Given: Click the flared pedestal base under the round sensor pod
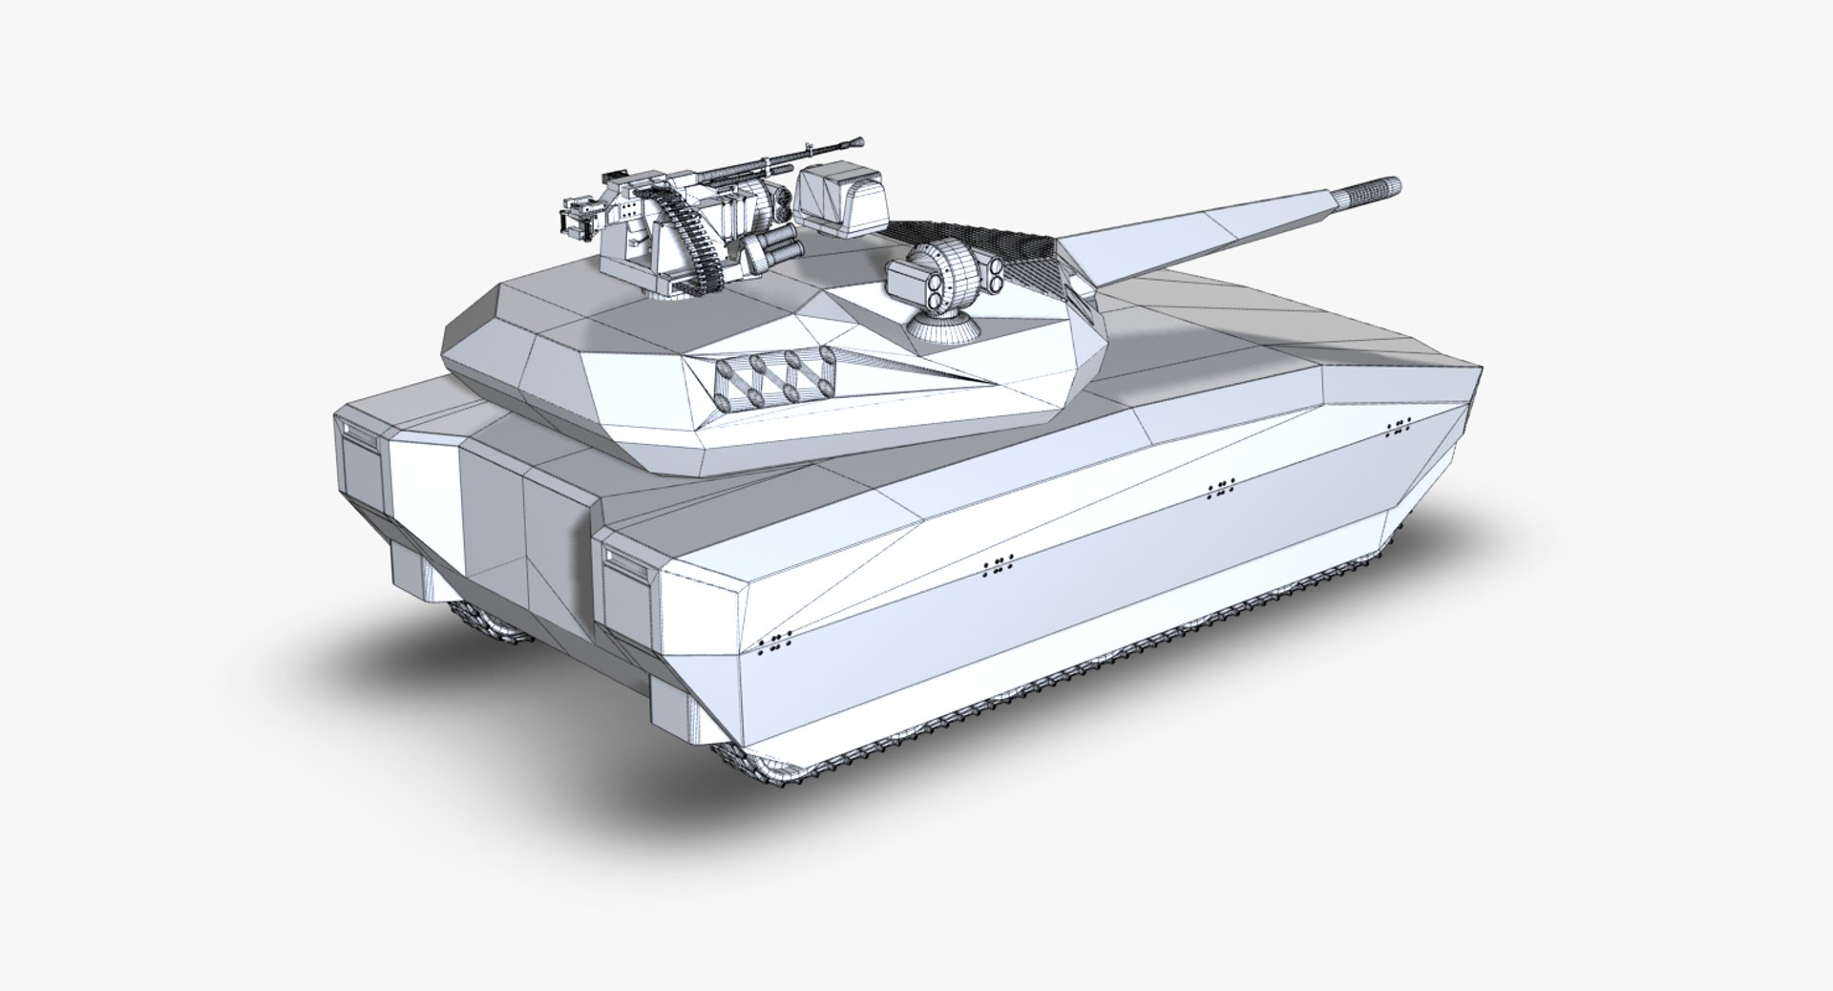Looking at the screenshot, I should coord(943,330).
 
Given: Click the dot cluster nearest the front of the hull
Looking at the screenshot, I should coord(1399,427).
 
